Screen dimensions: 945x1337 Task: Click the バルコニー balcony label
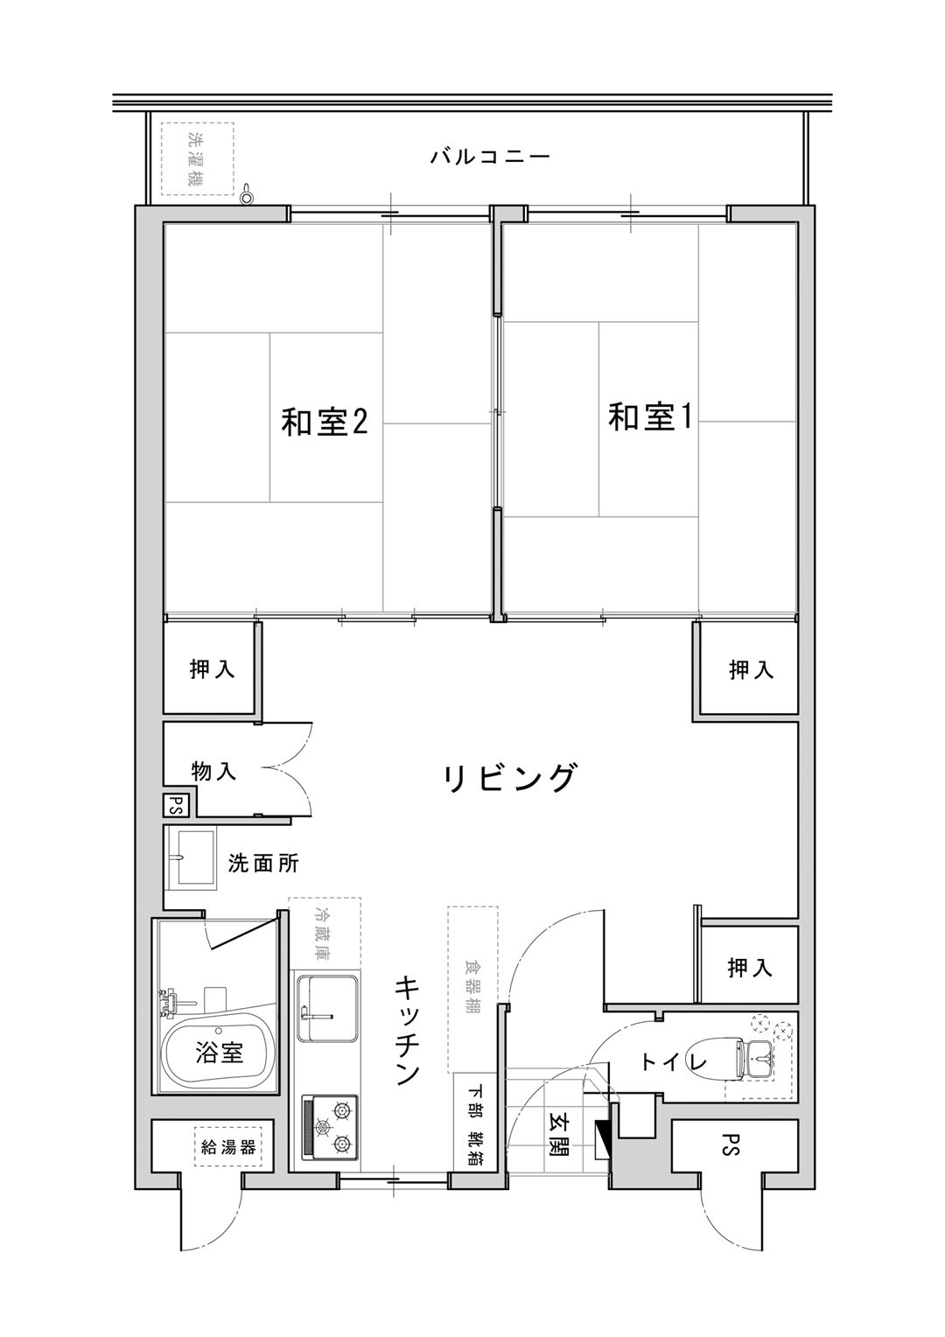[x=489, y=157]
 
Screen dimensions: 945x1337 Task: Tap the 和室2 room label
[x=324, y=422]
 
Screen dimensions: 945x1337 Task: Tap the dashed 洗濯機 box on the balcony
[x=198, y=158]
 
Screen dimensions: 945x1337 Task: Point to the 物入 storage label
[x=213, y=772]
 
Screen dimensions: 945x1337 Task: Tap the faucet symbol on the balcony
[x=247, y=193]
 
